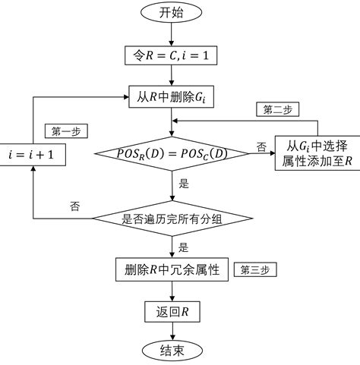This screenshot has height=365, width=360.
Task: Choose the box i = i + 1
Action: [33, 155]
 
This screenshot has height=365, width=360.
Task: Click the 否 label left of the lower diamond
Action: [74, 206]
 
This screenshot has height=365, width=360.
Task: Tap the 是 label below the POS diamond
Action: [184, 183]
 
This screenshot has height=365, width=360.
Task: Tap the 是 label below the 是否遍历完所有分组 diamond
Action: [184, 247]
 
